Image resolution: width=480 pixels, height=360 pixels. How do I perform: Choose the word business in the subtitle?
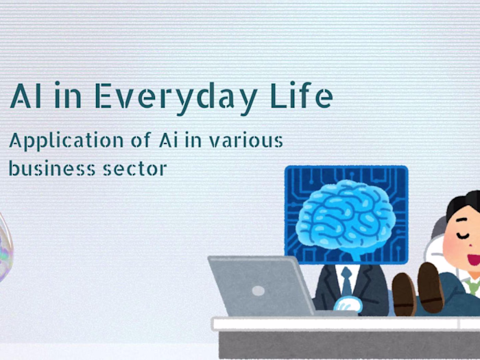(x=48, y=167)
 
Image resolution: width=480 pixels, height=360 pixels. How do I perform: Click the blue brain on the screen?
(x=346, y=215)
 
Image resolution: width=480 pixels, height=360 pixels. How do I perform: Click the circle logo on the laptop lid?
(x=259, y=290)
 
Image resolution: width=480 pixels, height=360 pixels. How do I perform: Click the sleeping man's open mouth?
(x=474, y=260)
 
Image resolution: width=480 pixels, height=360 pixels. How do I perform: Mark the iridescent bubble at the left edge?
(x=3, y=247)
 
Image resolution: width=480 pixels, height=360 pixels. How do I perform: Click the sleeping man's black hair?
(x=464, y=205)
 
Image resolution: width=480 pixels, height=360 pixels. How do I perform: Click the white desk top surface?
(x=343, y=323)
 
